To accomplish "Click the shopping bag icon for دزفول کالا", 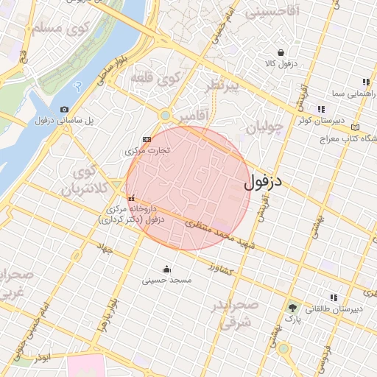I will pos(282,52).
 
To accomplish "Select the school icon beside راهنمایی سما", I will pos(365,82).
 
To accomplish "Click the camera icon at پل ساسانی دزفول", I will pos(64,109).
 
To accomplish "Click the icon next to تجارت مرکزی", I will pos(146,138).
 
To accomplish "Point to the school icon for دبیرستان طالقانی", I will pos(334,297).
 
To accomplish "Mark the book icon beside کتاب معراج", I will pos(356,126).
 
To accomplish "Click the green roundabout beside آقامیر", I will pos(164,115).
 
